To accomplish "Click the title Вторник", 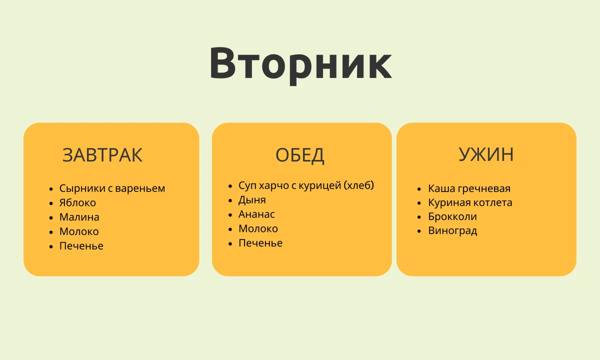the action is (x=300, y=64).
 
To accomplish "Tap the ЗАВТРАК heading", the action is (x=102, y=155).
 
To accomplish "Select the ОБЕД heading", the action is (x=299, y=155).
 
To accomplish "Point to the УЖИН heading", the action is (x=486, y=154).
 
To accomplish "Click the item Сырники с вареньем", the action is (x=112, y=188).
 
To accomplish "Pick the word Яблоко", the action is (x=77, y=203).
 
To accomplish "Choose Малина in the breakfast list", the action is (x=79, y=217).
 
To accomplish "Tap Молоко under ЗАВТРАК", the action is (x=79, y=231).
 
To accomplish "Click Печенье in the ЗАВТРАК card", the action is (x=81, y=246).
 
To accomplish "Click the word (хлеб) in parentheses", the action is (x=358, y=185).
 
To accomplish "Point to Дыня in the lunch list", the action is (x=252, y=200).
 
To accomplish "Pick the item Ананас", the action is (x=256, y=214).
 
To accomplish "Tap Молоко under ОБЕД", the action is (x=258, y=229).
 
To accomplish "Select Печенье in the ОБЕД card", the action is (x=260, y=243).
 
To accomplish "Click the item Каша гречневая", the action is (x=469, y=188).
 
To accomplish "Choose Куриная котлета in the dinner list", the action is (x=470, y=202).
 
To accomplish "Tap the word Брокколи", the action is (x=452, y=216).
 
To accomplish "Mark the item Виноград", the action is (x=452, y=231).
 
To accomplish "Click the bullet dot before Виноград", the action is (x=419, y=231).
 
